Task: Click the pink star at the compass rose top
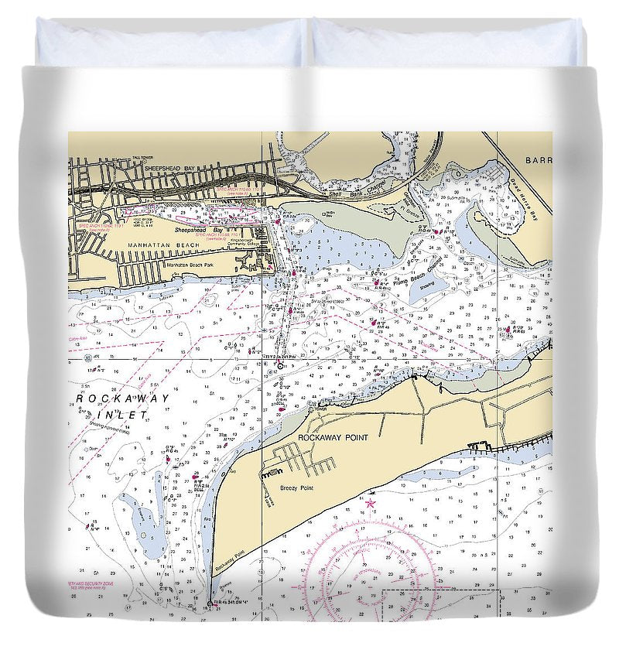click(371, 504)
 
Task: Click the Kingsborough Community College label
click(249, 243)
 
